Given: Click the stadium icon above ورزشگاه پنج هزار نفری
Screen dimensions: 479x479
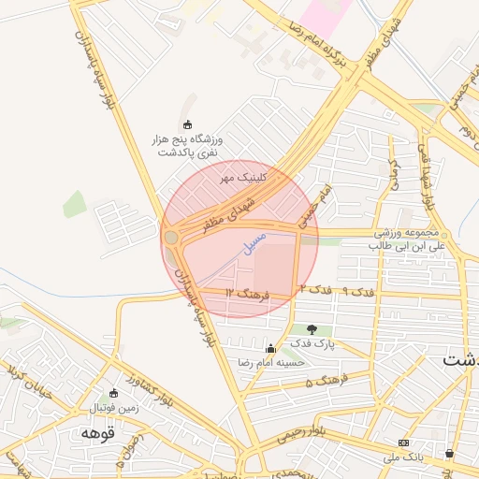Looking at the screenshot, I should pyautogui.click(x=187, y=124).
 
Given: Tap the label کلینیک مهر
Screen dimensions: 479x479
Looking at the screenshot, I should pyautogui.click(x=243, y=176).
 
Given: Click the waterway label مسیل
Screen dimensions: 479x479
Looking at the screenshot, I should pyautogui.click(x=253, y=245).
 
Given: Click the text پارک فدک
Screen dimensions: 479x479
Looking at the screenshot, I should pyautogui.click(x=312, y=344).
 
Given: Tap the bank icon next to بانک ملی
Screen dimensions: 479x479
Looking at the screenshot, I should pyautogui.click(x=403, y=443).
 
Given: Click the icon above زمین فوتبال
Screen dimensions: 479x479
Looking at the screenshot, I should pyautogui.click(x=113, y=394).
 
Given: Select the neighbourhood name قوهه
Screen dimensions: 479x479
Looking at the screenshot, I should pyautogui.click(x=96, y=434).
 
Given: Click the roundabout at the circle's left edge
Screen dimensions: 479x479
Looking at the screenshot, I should pyautogui.click(x=171, y=239).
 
